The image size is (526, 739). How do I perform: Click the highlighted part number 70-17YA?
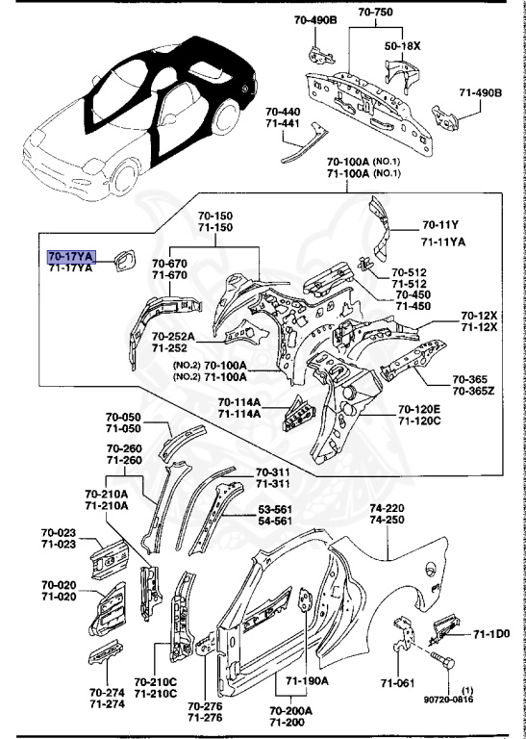point(70,257)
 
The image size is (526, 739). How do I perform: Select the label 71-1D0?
point(491,634)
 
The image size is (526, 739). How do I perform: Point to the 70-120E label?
point(420,409)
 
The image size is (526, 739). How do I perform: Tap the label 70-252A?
point(173,336)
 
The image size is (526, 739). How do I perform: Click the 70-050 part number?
point(123,417)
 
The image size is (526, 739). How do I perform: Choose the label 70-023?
point(59,532)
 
